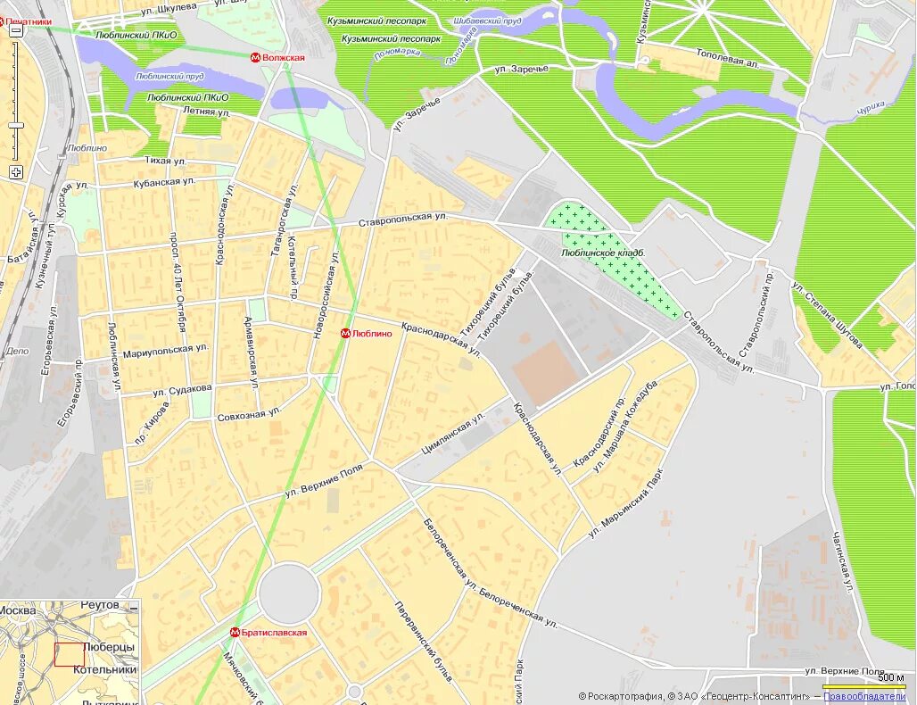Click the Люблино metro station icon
(345, 334)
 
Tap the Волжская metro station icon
(256, 58)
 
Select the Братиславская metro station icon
(235, 633)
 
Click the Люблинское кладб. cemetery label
(603, 253)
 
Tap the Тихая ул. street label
(165, 161)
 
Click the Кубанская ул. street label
(164, 182)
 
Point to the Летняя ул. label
(206, 113)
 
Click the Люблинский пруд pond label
(170, 77)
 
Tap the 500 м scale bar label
(889, 676)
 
